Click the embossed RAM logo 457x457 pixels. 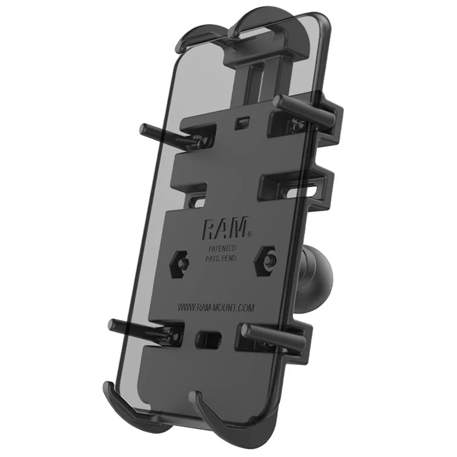(x=224, y=228)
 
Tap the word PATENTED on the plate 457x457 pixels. (x=227, y=249)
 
